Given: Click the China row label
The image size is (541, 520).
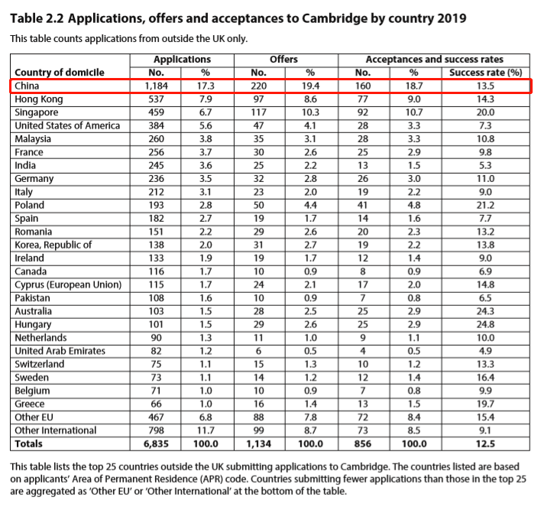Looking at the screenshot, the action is tap(27, 86).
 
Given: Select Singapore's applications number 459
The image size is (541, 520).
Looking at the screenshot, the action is tap(156, 112).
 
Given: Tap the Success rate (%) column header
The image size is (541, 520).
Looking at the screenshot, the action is tap(485, 73).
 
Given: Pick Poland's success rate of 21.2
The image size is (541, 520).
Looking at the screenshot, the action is tap(485, 205).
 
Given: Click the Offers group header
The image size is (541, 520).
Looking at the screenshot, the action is tap(283, 60).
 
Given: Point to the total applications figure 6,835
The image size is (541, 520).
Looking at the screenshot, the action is tap(156, 444).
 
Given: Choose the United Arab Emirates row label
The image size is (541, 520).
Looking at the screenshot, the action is tap(60, 351).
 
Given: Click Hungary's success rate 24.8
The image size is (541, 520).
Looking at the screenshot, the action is tap(485, 324).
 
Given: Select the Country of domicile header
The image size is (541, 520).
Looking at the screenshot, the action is tap(60, 73).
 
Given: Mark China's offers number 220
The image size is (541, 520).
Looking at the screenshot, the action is tap(259, 86).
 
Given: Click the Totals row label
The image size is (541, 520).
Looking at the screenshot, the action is tap(28, 444).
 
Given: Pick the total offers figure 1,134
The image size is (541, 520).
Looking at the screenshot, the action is tap(259, 444).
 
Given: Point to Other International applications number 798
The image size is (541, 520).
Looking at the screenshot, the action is tap(156, 431).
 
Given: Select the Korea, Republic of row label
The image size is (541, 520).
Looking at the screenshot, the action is tap(53, 245).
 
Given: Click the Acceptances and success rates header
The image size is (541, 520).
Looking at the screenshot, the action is tap(434, 60).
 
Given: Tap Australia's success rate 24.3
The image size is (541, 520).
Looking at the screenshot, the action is tap(485, 311).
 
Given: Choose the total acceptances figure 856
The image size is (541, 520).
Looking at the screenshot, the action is tap(363, 444).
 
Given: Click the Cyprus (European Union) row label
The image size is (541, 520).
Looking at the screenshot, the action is tap(68, 285).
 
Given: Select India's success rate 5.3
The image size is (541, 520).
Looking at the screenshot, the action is tap(485, 165).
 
